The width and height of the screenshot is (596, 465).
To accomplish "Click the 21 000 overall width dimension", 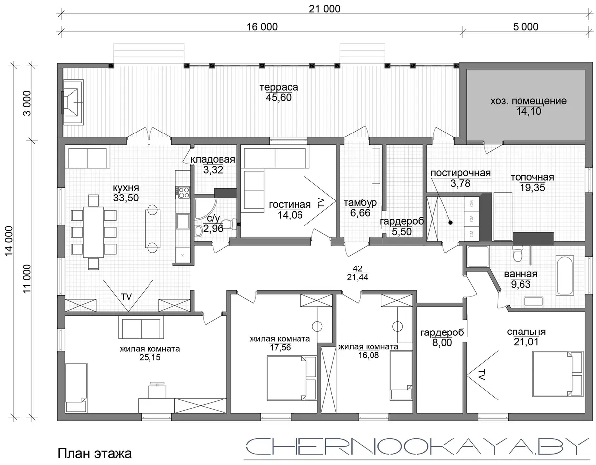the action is [324, 9].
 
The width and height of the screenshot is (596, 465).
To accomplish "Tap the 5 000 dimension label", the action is [525, 27].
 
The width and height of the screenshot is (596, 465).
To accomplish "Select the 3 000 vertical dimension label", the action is [27, 103].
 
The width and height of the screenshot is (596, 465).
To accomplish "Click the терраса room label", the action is [279, 87].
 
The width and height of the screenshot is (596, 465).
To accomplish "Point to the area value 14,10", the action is [528, 111].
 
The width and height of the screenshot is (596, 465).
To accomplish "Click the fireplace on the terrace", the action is [72, 102].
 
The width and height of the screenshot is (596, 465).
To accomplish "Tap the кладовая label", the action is [213, 159].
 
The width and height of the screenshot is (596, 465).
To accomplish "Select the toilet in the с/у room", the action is [229, 224].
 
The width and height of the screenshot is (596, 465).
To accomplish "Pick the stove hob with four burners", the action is [183, 192].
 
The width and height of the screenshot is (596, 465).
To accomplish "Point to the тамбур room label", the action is [360, 203].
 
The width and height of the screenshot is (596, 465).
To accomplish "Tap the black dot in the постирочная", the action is [450, 223].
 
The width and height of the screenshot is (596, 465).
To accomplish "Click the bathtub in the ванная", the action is [565, 275].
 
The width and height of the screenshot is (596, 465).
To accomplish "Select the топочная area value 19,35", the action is [532, 188].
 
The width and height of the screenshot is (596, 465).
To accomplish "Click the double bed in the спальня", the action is [558, 374].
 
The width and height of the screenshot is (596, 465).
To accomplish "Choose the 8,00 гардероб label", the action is [442, 342].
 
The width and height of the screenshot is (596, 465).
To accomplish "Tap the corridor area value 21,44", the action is [358, 277].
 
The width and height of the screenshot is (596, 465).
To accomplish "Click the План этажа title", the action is [94, 453].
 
